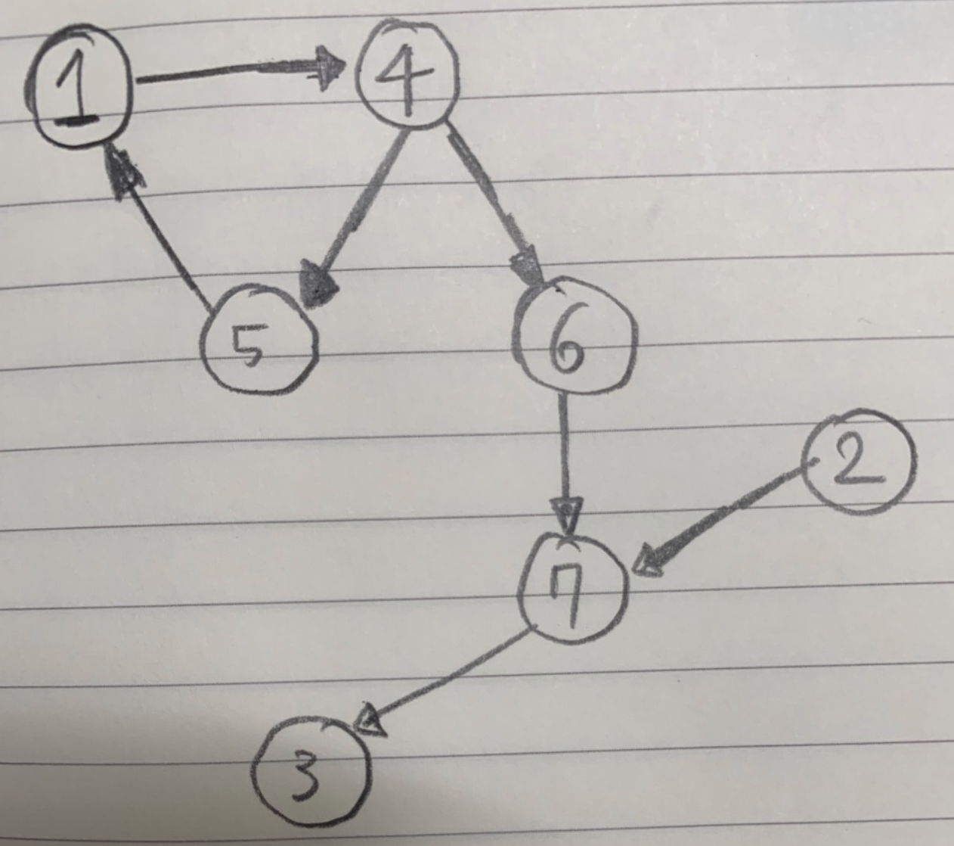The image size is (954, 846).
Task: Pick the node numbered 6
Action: pyautogui.click(x=575, y=338)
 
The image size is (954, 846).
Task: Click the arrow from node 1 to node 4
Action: pyautogui.click(x=234, y=73)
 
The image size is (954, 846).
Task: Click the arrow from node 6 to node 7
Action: pyautogui.click(x=564, y=454)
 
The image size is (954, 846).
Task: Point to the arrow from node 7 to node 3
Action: pyautogui.click(x=446, y=677)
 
